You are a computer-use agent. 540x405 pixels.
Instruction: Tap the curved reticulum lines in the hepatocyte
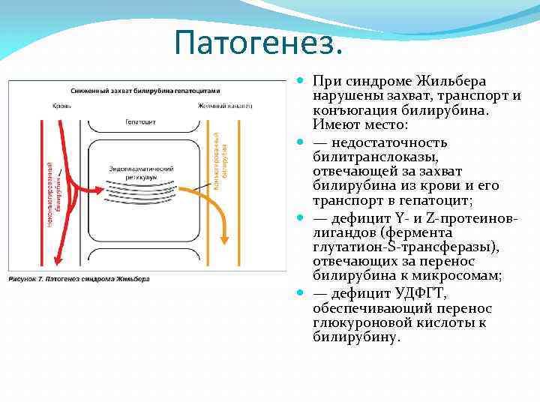tap(142, 192)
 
